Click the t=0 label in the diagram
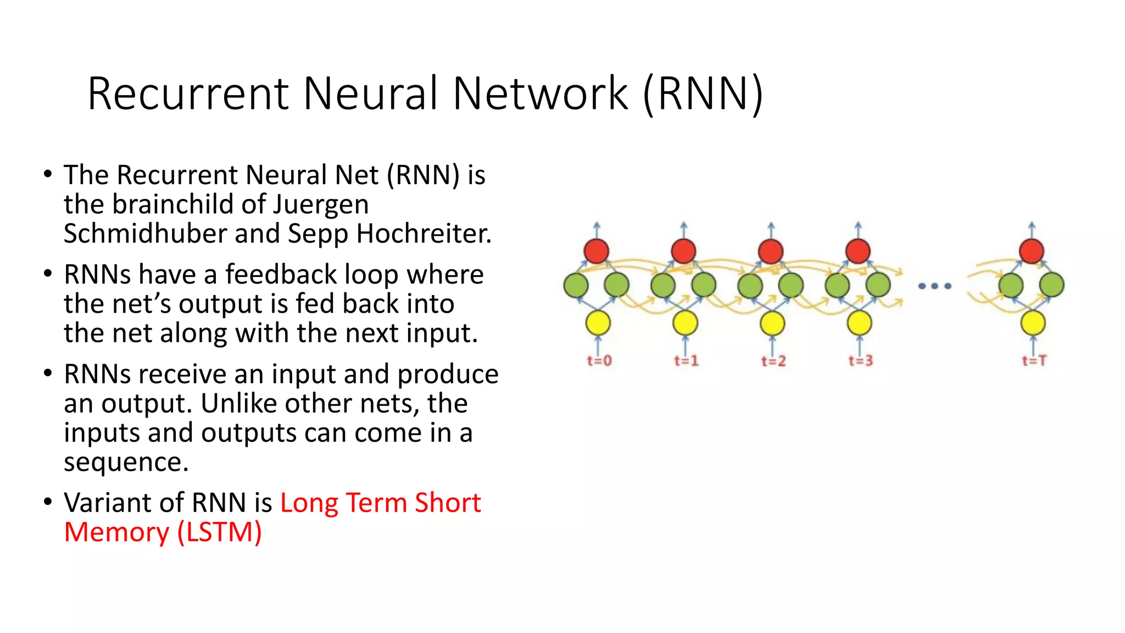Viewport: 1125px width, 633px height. [x=599, y=361]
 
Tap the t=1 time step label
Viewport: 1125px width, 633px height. [x=686, y=361]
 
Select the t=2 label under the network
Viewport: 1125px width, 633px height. [x=773, y=361]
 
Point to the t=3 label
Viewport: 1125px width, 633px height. [x=860, y=361]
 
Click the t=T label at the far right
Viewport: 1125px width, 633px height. [x=1034, y=361]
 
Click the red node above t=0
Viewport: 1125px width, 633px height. [x=597, y=251]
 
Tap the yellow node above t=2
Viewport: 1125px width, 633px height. [x=772, y=323]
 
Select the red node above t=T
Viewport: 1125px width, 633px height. [x=1031, y=251]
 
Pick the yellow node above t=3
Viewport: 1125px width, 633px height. [x=859, y=323]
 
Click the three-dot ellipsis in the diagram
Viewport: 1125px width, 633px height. [x=934, y=286]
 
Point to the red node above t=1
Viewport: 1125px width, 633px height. [x=683, y=251]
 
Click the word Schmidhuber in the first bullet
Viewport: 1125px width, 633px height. [x=145, y=234]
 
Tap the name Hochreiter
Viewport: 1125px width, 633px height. [x=424, y=234]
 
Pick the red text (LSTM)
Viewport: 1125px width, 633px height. [x=219, y=532]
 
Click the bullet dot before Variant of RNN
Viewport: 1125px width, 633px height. [x=48, y=502]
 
